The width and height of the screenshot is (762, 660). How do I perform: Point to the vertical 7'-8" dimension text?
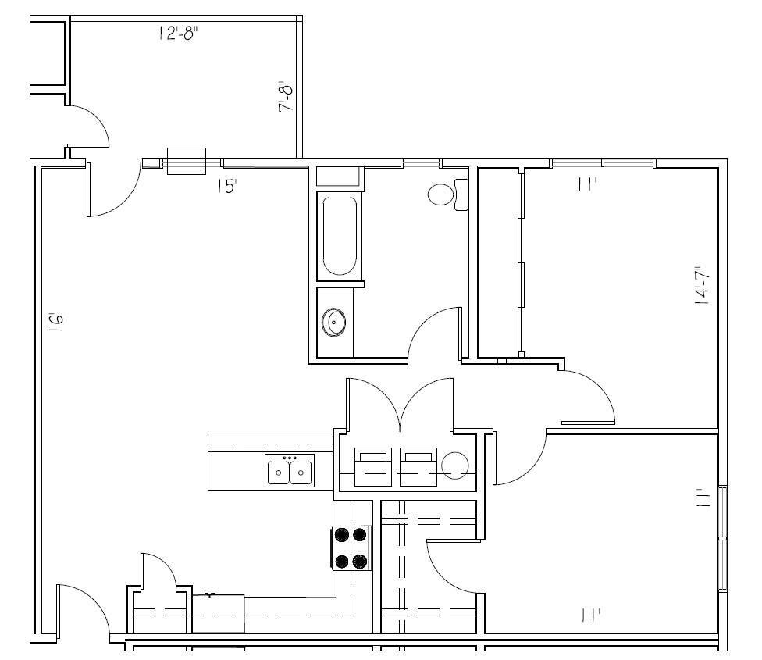point(287,97)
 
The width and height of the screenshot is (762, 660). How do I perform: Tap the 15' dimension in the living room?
point(226,187)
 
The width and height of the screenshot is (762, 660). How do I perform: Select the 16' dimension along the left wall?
point(55,323)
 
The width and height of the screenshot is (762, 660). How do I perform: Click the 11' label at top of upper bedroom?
point(587,184)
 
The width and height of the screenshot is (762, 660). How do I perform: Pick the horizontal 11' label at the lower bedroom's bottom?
point(590,615)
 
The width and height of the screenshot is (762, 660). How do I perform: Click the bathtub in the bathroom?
point(339,237)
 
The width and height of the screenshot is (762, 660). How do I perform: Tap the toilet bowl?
point(442,194)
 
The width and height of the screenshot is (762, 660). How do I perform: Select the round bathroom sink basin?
point(335,321)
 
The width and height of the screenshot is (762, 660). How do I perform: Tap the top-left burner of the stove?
point(342,535)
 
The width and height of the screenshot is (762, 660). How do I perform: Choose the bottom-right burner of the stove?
point(360,561)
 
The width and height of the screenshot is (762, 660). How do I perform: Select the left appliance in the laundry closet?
point(373,466)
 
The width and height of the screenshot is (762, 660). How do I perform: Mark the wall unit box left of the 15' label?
point(187,161)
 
